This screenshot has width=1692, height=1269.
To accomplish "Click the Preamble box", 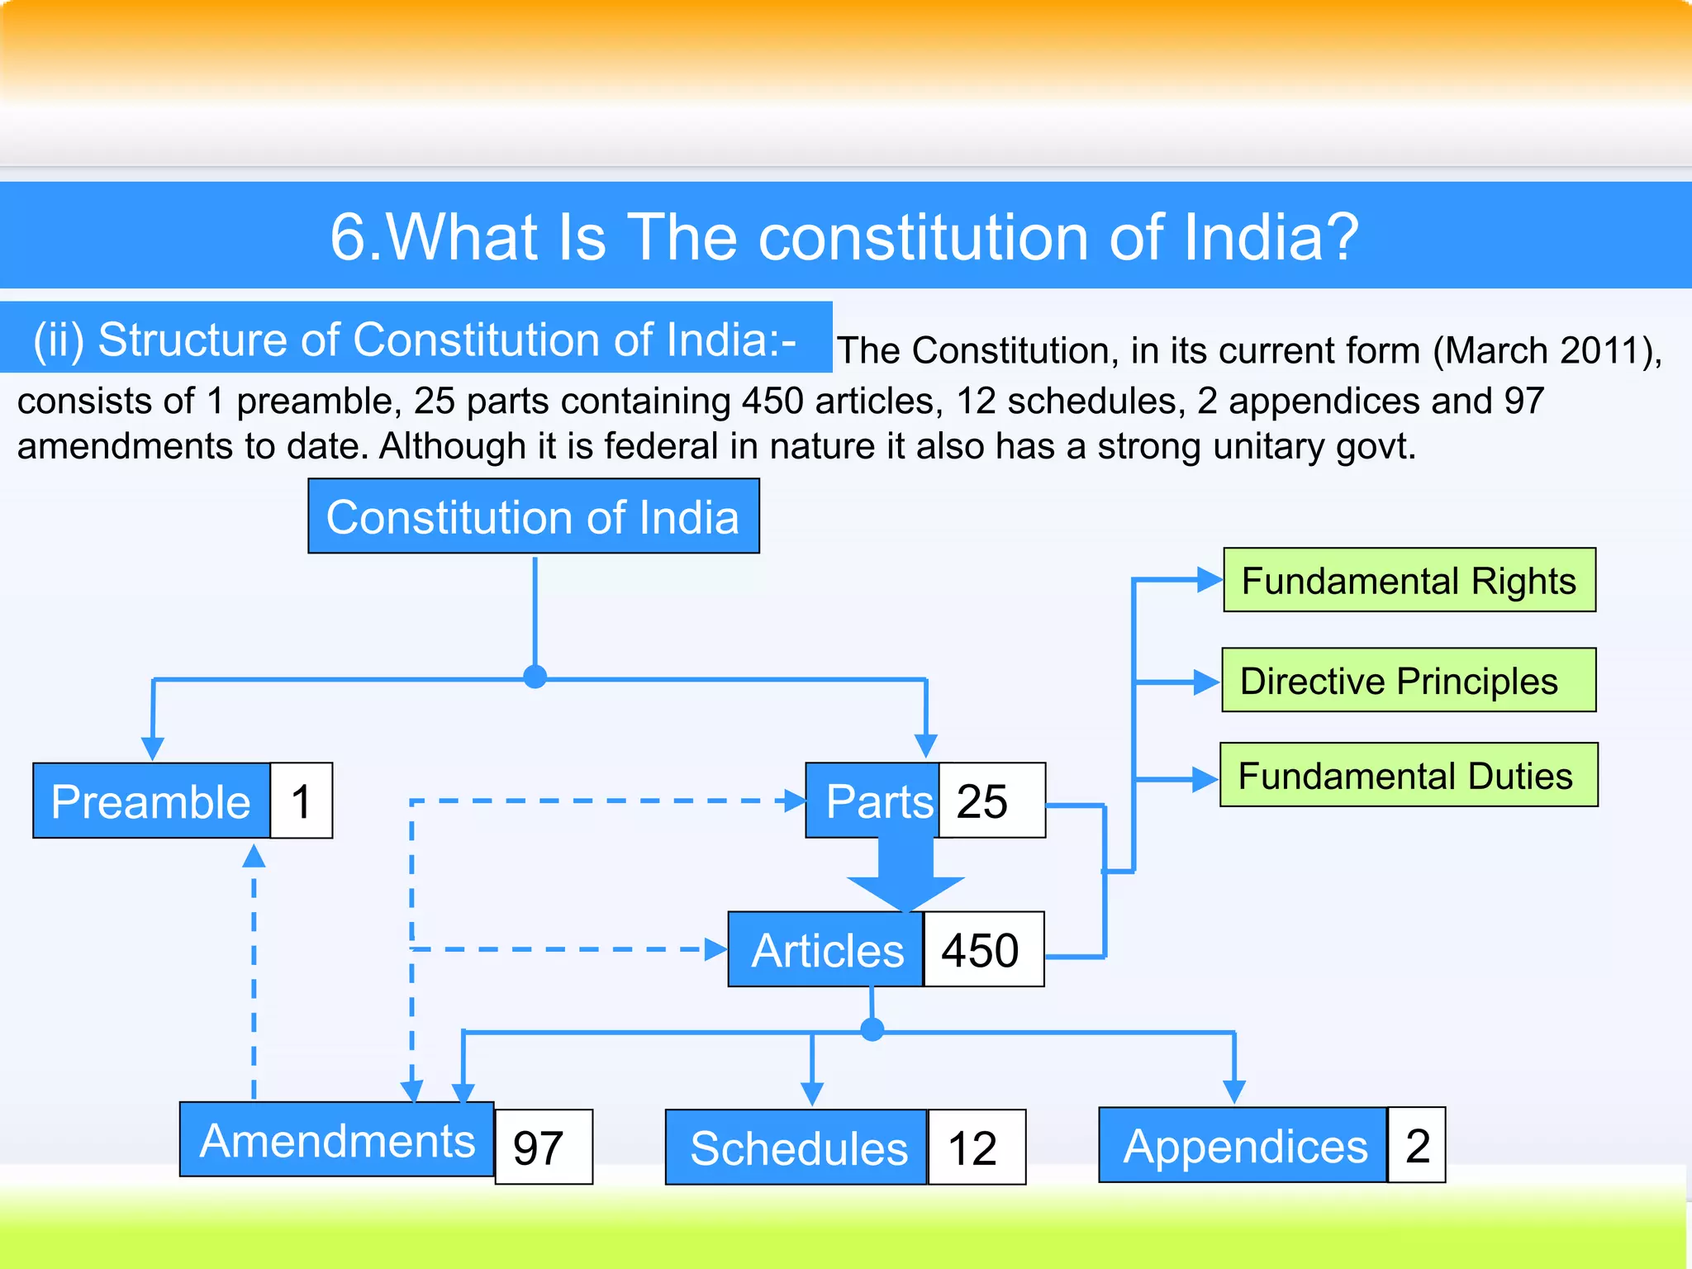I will (152, 801).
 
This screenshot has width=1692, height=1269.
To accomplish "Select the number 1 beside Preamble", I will (302, 801).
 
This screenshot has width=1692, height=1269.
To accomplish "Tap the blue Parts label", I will (873, 801).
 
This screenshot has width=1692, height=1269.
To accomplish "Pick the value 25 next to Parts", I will (991, 801).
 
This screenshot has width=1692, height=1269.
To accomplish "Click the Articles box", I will (825, 949).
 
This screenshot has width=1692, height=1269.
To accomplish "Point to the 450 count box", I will (983, 949).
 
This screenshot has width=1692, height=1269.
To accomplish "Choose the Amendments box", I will (337, 1139).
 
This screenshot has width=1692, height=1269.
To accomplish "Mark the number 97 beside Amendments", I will (543, 1147).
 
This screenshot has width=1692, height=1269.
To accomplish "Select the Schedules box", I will (796, 1147).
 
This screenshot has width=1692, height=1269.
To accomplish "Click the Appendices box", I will (1243, 1145).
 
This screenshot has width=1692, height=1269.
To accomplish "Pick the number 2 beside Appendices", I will (1416, 1145).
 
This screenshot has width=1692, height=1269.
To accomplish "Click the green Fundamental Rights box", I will (1409, 580).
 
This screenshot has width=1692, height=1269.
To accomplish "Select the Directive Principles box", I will (1409, 680).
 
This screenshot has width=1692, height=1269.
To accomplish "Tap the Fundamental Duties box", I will (1409, 775).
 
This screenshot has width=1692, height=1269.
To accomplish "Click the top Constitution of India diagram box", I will (534, 516).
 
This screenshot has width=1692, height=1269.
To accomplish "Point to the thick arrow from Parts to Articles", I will (905, 876).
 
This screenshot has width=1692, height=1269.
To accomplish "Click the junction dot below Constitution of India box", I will (535, 677).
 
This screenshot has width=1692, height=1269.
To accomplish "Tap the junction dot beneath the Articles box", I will (872, 1029).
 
